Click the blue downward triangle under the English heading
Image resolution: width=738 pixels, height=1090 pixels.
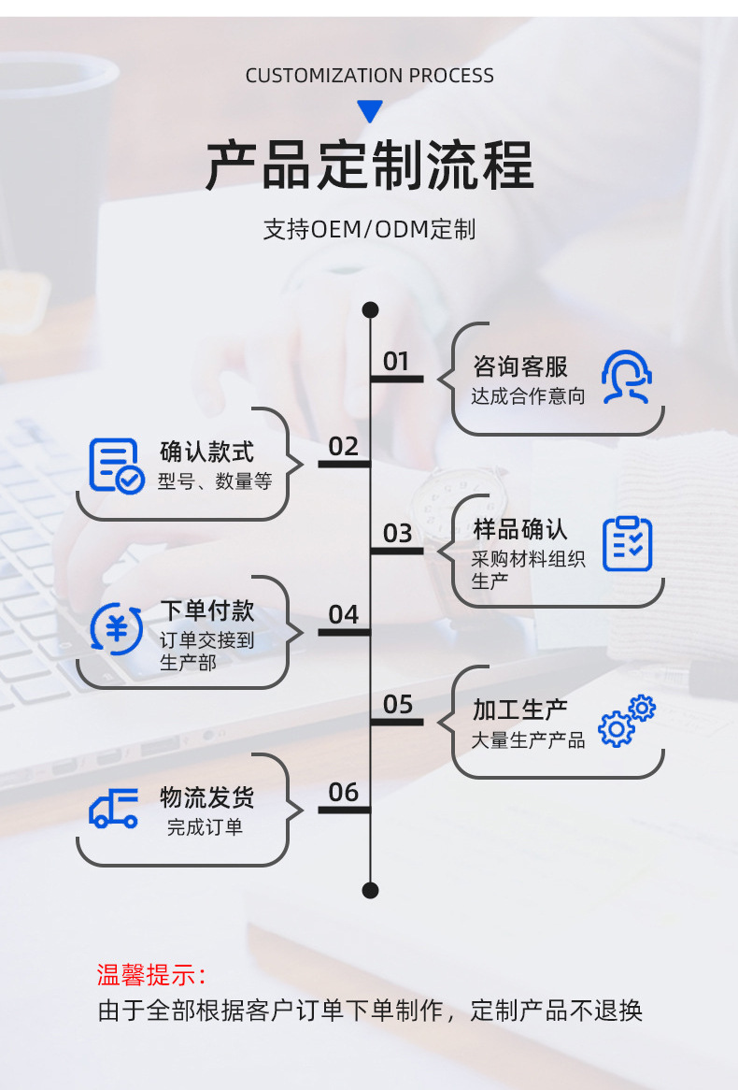coord(370,111)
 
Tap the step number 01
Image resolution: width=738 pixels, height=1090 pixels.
coord(396,362)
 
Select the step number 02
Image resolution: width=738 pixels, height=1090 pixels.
coord(344,447)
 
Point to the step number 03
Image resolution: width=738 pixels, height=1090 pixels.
coord(397,534)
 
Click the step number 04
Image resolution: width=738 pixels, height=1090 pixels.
coord(344,615)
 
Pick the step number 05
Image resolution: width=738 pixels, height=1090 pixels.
coord(397,705)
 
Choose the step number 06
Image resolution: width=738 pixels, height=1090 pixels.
coord(344,793)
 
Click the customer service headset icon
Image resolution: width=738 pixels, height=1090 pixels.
coord(626,377)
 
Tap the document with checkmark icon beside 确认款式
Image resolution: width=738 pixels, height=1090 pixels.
coord(117,466)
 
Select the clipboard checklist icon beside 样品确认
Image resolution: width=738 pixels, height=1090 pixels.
coord(627,543)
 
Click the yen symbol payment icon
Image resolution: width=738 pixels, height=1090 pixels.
coord(117,628)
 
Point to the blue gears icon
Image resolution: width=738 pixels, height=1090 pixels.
coord(627,721)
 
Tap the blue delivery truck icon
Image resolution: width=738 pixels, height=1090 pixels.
coord(114,808)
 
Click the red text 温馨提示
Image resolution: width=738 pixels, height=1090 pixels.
coord(151,975)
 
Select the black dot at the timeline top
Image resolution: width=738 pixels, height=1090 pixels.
coord(370,309)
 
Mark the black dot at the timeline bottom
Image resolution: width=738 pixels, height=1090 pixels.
coord(370,890)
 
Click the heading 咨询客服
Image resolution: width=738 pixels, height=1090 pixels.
coord(520,366)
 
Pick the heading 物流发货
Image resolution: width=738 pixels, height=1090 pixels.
coord(206,797)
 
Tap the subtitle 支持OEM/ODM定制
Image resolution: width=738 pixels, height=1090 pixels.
coord(369,229)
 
